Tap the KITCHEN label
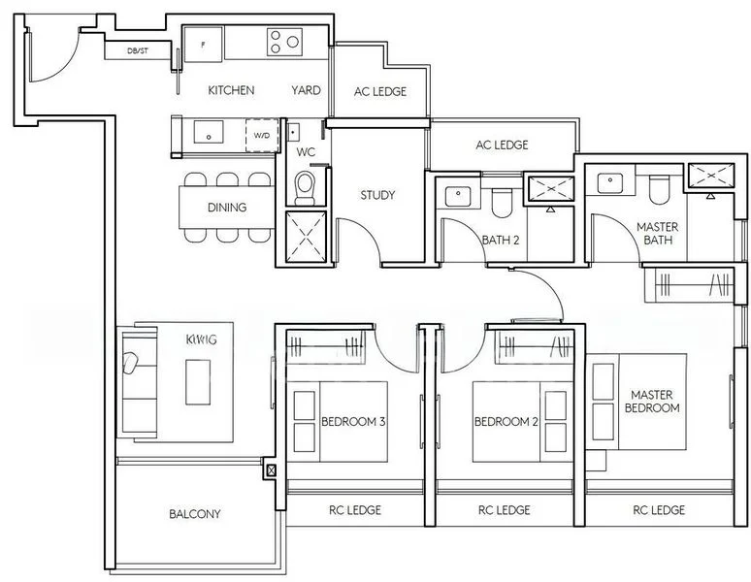coord(231,90)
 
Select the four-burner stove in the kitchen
coord(285,42)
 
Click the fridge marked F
coord(203,44)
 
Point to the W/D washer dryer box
coord(262,136)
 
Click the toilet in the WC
coord(306,184)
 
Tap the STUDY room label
coord(377,195)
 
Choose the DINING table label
coord(227,207)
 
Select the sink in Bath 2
coord(457,196)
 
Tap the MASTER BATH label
coord(657,233)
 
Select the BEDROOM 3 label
coord(353,422)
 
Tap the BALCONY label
coord(195,514)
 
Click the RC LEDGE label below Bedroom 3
coord(354,510)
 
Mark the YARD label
coord(306,90)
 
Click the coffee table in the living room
coord(198,381)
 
